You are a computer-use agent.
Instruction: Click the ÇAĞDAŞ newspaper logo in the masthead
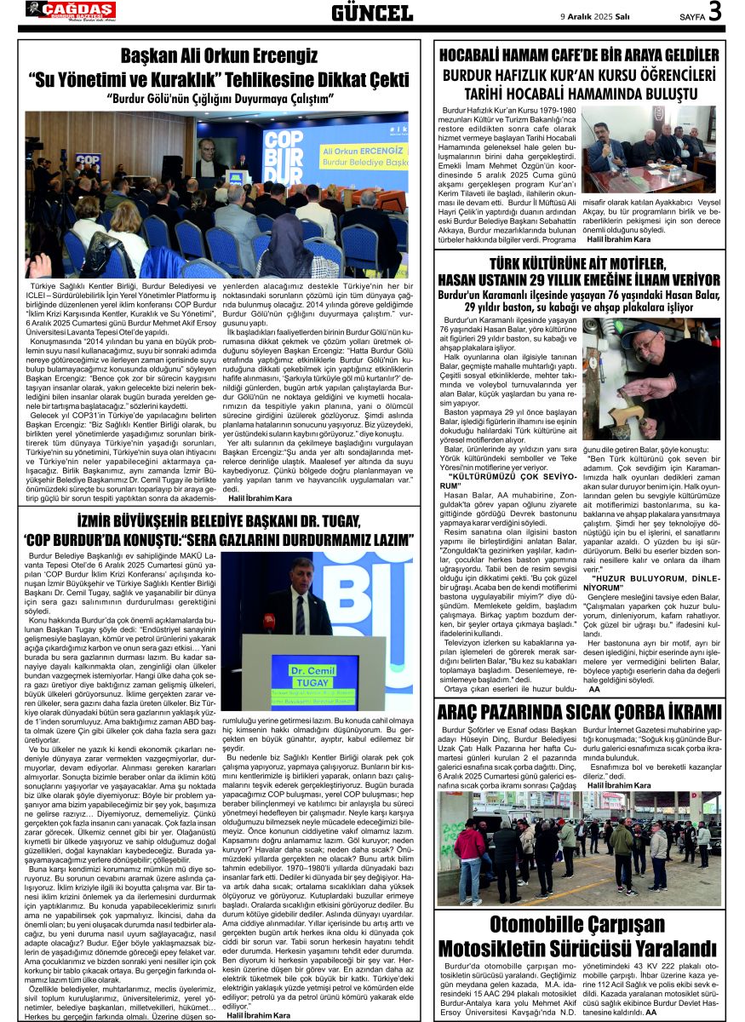coord(70,10)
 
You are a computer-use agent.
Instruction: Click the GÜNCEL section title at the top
coord(371,12)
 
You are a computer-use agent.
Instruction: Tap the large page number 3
coord(713,12)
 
